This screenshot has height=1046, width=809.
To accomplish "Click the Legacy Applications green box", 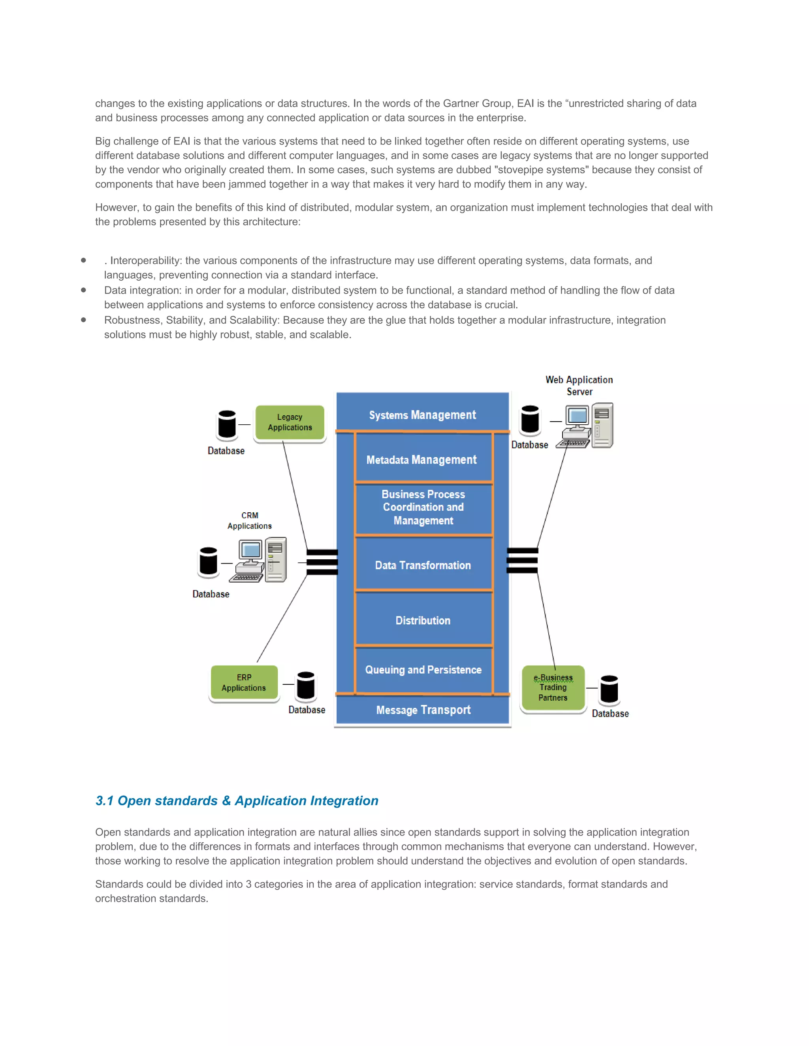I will (290, 422).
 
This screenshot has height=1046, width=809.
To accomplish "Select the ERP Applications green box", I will (244, 682).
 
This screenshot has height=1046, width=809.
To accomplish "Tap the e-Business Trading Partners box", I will (553, 687).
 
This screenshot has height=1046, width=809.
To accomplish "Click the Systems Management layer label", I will (422, 415).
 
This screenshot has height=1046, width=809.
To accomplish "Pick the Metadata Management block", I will (422, 459).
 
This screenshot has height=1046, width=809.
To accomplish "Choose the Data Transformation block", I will (423, 565).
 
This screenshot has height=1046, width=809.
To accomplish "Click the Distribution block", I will (423, 620).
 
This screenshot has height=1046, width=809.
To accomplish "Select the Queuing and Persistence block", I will (423, 669).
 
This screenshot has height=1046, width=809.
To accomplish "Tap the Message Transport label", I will (423, 709).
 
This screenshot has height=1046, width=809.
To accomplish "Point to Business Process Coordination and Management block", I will (423, 507).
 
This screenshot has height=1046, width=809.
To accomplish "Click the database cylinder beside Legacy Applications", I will (227, 424).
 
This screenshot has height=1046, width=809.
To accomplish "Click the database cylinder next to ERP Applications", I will (306, 685).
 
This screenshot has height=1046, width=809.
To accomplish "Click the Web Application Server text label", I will (579, 385).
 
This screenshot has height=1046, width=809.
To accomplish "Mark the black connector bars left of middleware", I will (322, 562).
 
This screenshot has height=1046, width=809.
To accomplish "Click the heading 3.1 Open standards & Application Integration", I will (237, 800).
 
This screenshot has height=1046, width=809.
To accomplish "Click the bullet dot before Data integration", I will (83, 290).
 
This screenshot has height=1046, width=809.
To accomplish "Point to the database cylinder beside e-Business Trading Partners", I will (609, 690).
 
